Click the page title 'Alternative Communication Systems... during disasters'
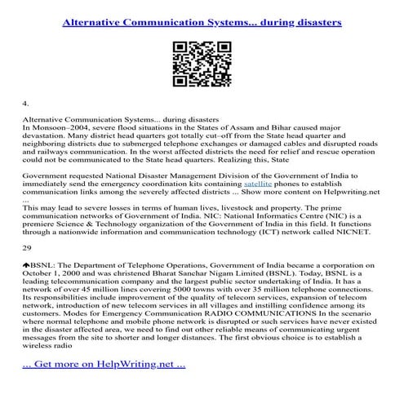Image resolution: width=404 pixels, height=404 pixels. pos(202,22)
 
